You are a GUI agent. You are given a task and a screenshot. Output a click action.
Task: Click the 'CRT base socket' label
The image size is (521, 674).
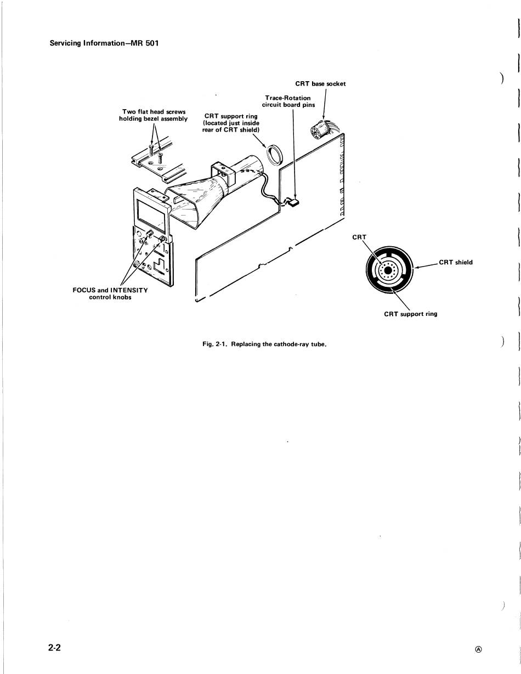320,84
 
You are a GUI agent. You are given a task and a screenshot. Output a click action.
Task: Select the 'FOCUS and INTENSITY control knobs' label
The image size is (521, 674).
110,293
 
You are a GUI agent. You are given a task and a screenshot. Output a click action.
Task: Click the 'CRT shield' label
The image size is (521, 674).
456,262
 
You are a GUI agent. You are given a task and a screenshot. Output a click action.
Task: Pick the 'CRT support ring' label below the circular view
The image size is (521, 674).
410,314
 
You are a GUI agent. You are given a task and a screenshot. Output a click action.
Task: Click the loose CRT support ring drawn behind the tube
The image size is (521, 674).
274,155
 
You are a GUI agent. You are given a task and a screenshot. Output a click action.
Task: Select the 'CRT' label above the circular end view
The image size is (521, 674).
359,237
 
